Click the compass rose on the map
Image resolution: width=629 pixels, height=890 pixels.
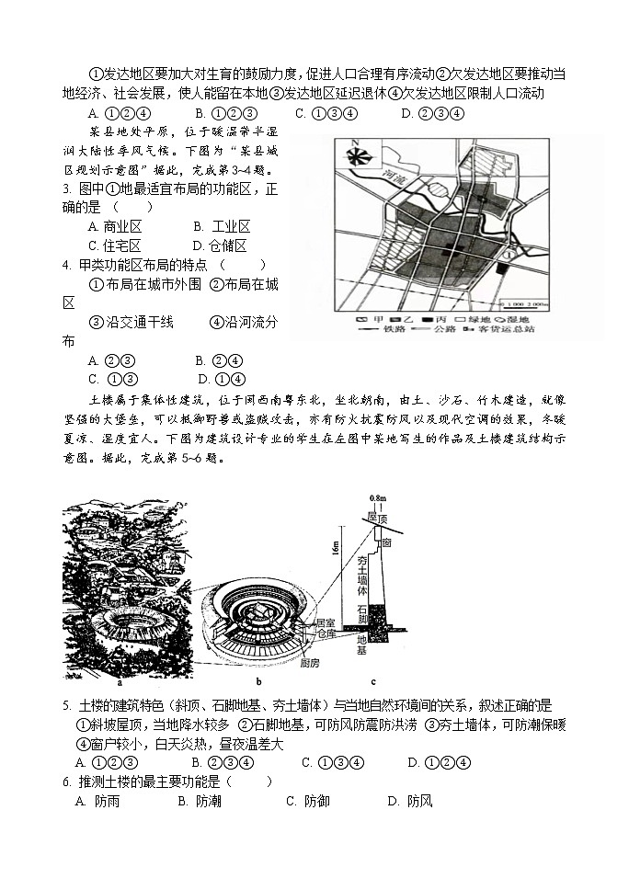pyautogui.click(x=357, y=154)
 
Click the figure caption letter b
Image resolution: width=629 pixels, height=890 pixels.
pyautogui.click(x=259, y=681)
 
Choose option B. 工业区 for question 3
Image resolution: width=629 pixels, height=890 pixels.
pyautogui.click(x=223, y=226)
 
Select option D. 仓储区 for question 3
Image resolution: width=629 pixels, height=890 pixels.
pyautogui.click(x=220, y=245)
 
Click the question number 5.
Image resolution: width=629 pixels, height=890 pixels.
pyautogui.click(x=67, y=705)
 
